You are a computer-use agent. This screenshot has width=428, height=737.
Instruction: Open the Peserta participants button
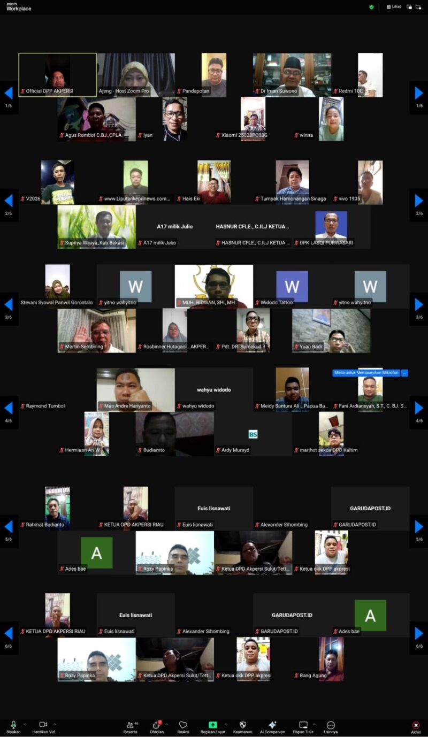[130, 725]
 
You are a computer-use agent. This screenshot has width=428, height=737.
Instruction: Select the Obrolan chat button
[157, 725]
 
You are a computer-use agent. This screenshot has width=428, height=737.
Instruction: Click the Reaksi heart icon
[183, 725]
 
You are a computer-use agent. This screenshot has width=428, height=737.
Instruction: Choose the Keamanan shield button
[242, 725]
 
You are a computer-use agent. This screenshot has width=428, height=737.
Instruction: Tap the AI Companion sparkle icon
[272, 725]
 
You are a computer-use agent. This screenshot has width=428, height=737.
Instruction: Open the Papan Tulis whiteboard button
[303, 725]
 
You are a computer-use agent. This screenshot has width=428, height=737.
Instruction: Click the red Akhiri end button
[416, 726]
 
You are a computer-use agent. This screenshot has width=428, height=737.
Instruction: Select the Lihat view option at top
[394, 7]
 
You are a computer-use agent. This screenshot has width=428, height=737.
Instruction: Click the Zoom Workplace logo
[19, 6]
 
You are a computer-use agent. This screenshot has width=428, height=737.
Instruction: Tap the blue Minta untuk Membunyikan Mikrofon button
[366, 373]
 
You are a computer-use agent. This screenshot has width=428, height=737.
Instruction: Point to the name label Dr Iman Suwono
[278, 91]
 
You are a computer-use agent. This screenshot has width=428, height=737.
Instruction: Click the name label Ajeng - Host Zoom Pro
[126, 91]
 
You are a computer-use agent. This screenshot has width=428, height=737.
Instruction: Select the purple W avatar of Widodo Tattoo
[292, 287]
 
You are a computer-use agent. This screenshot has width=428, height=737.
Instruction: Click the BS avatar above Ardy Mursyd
[253, 434]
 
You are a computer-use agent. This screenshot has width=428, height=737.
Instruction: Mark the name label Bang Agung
[312, 675]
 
